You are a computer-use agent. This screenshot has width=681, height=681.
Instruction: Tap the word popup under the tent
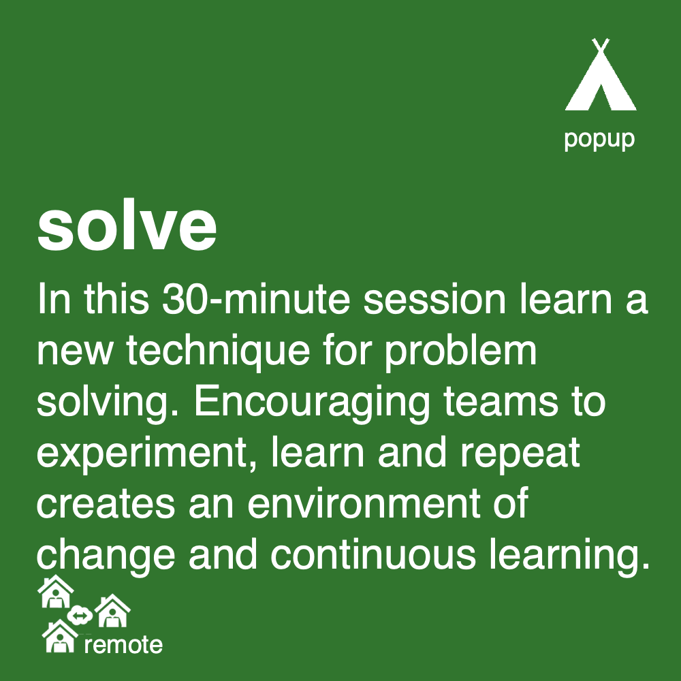pyautogui.click(x=599, y=139)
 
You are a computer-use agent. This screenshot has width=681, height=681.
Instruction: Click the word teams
pyautogui.click(x=496, y=402)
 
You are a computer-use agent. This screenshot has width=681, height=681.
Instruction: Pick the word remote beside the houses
pyautogui.click(x=123, y=644)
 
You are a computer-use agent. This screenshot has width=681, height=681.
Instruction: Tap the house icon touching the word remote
pyautogui.click(x=59, y=637)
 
